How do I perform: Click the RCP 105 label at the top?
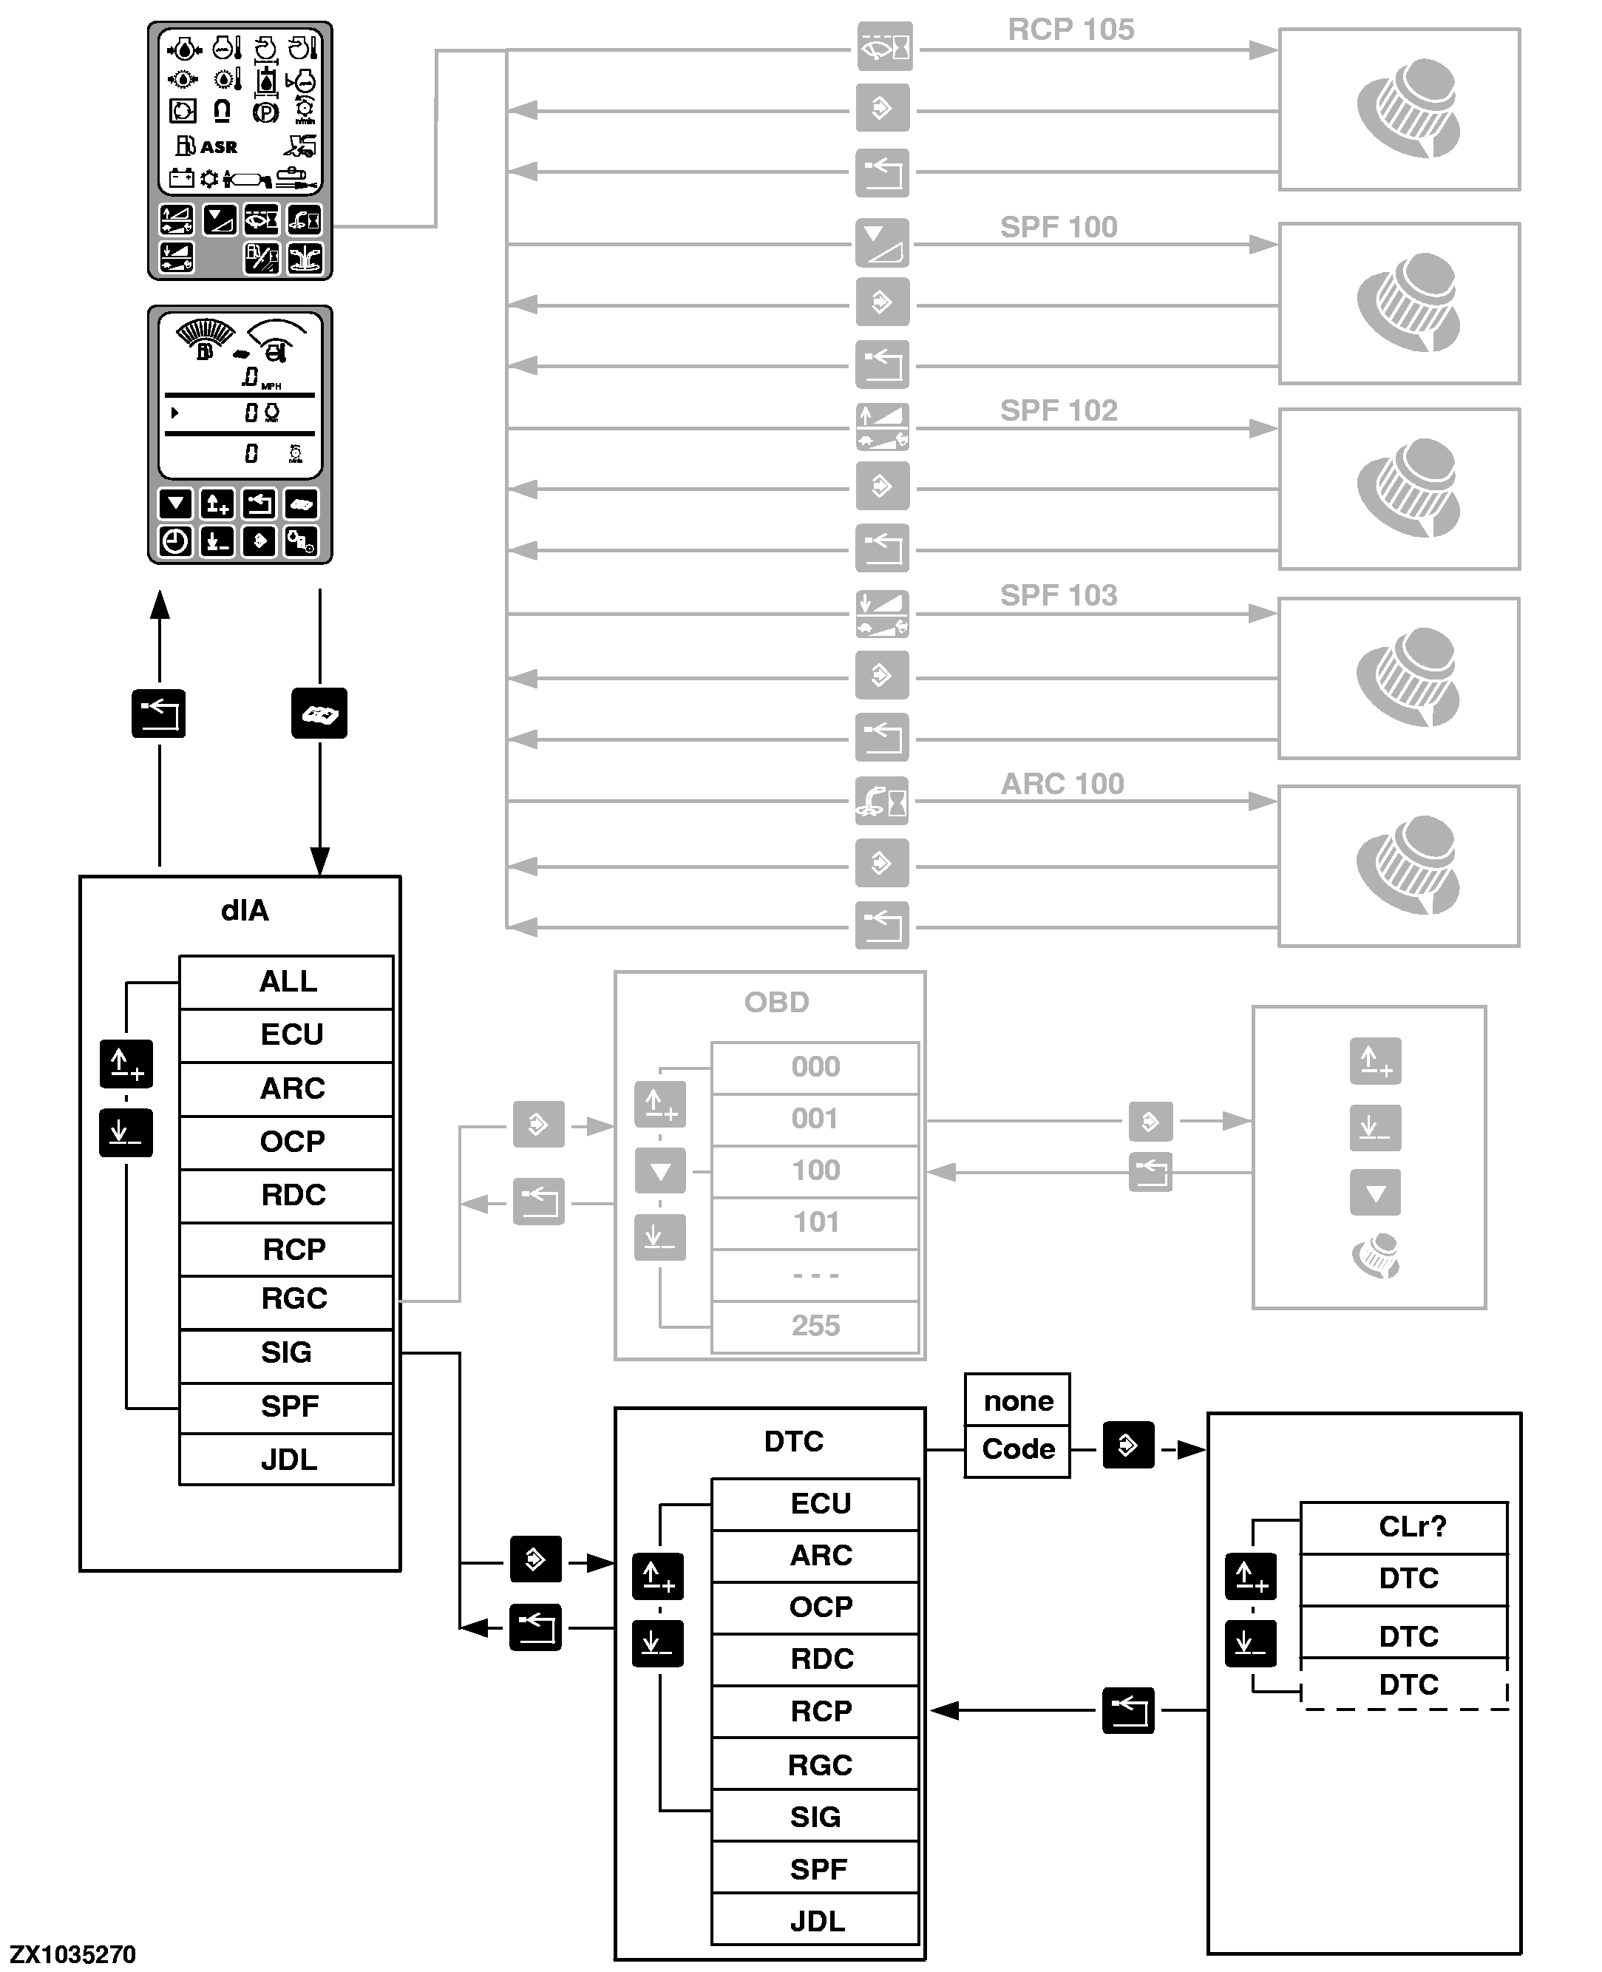click(1070, 30)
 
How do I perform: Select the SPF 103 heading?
click(1059, 595)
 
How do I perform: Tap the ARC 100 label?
click(1062, 784)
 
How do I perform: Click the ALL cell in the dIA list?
click(287, 981)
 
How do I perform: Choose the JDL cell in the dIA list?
click(287, 1459)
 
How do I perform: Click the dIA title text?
click(245, 911)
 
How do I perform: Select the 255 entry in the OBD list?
click(815, 1325)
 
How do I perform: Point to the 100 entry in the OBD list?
click(815, 1170)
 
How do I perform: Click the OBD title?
click(776, 1002)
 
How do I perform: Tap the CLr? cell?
click(1412, 1526)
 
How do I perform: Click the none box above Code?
click(1018, 1400)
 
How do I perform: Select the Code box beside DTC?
click(1018, 1448)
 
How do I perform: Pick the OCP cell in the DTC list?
click(821, 1607)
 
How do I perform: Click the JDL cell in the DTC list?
click(817, 1920)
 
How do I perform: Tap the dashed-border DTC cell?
click(1408, 1684)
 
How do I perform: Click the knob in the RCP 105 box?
click(1408, 109)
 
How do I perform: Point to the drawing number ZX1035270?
click(73, 1954)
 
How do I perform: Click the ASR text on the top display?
click(219, 146)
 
